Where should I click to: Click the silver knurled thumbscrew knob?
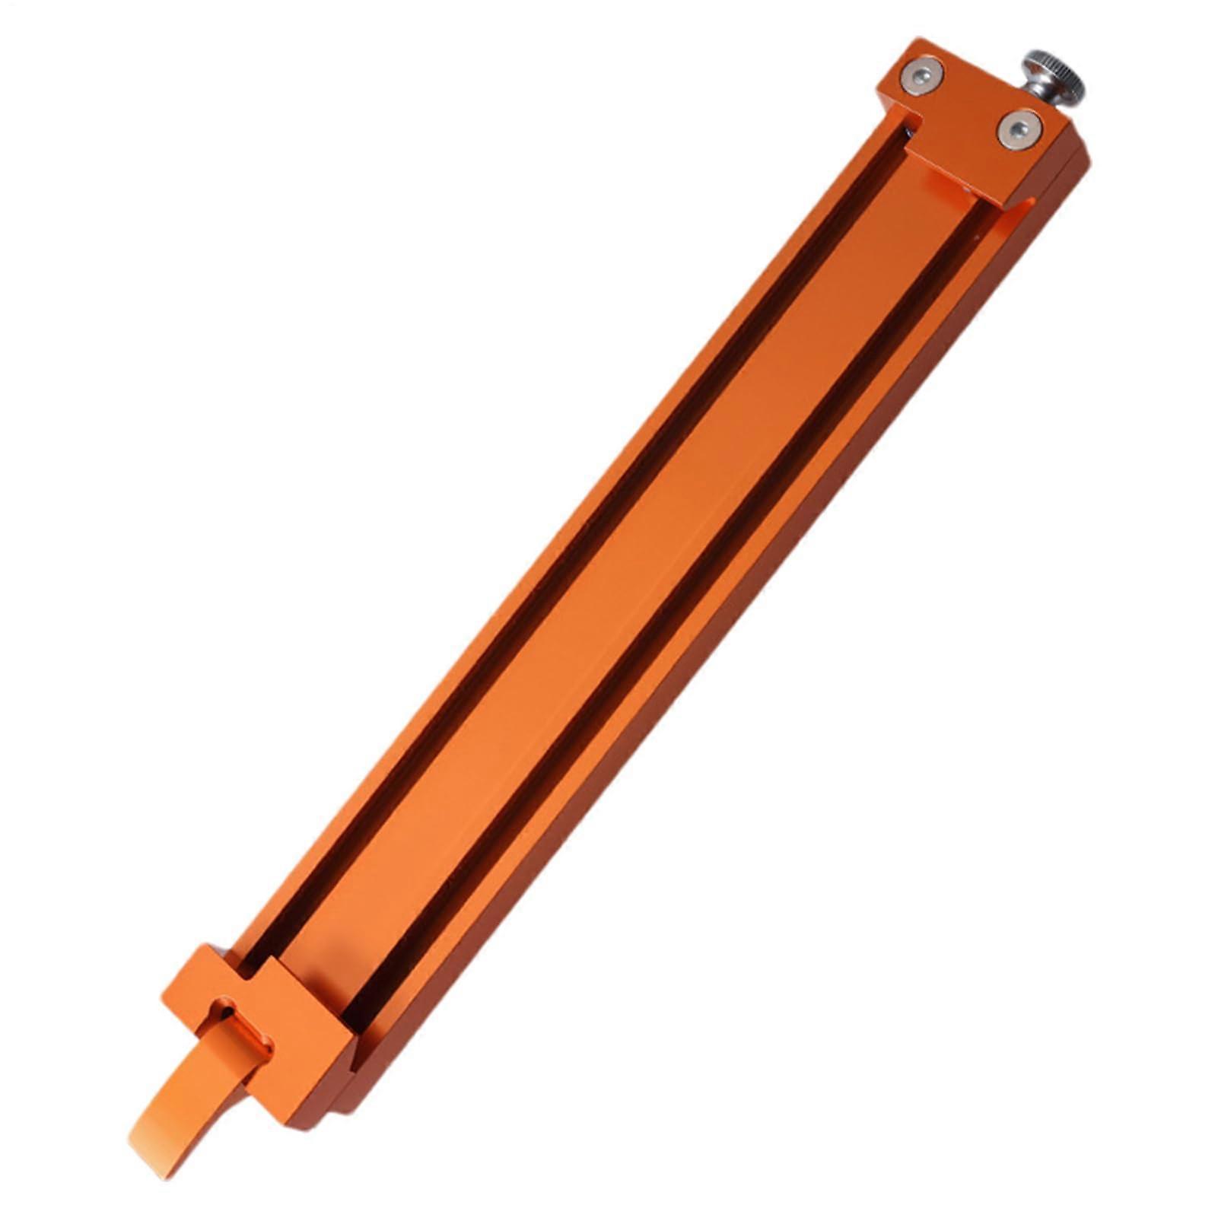click(1054, 75)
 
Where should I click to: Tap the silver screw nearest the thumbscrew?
click(1019, 130)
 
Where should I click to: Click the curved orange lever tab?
click(190, 1080)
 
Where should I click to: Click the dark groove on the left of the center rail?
click(563, 563)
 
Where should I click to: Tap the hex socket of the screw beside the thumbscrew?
click(1019, 130)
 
